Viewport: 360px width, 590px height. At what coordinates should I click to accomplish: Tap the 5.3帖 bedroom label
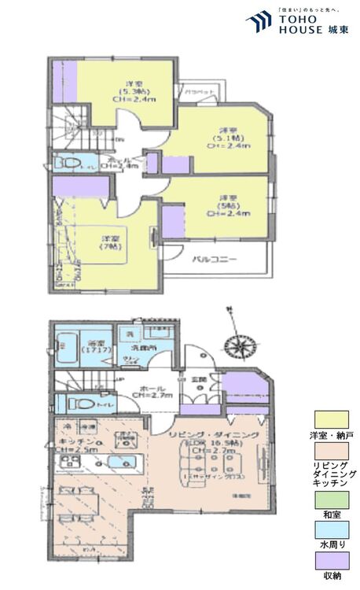point(134,92)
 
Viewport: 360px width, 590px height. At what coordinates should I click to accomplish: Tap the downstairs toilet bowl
point(76,404)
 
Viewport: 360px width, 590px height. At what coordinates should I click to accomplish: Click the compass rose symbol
point(236,345)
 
